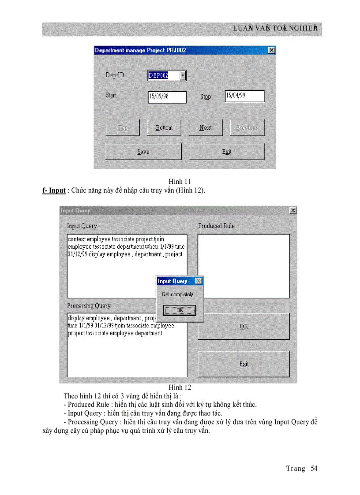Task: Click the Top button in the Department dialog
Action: point(123,128)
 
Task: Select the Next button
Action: point(205,128)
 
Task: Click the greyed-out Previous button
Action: point(247,128)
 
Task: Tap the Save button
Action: point(143,152)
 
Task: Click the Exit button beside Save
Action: point(227,152)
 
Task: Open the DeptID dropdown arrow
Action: point(183,76)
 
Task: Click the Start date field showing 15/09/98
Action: point(167,97)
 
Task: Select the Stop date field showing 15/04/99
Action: point(244,96)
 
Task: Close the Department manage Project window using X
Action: point(271,50)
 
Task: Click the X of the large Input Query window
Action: point(293,211)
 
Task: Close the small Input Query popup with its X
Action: point(199,281)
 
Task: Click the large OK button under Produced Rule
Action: point(244,326)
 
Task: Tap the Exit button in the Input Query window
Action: point(244,364)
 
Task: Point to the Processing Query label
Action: point(89,306)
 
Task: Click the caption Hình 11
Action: point(180,181)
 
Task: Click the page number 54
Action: point(314,469)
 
